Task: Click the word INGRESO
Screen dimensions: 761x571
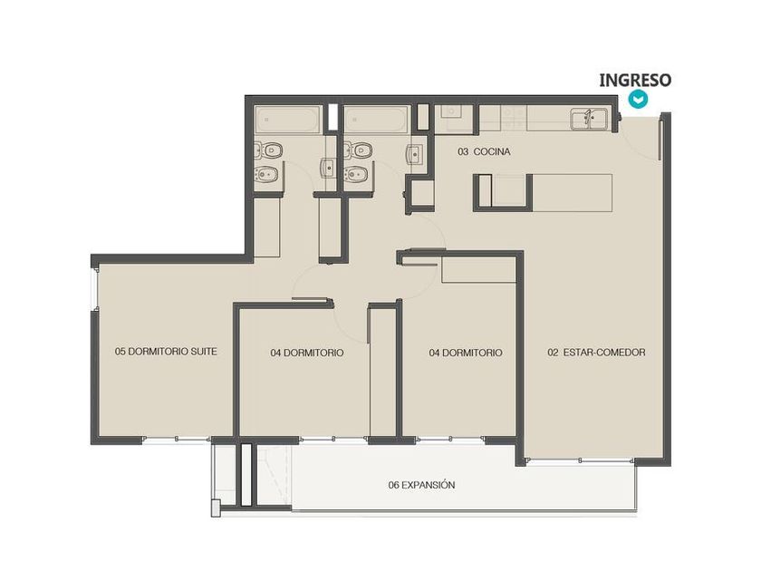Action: coord(635,80)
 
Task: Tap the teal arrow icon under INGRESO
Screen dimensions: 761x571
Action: coord(638,99)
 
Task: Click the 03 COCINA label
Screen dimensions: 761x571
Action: coord(484,152)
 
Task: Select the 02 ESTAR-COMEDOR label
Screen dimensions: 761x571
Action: coord(596,353)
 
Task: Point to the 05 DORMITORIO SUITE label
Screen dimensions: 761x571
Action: coord(166,351)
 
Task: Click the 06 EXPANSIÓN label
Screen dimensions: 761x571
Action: coord(421,485)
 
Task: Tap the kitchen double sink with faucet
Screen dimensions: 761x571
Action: coord(589,119)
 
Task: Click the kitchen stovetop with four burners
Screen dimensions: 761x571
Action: coord(514,118)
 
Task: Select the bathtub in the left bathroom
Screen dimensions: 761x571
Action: coord(287,120)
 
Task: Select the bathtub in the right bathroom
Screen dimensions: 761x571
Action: coord(374,120)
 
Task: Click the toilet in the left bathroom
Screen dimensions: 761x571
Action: coord(268,150)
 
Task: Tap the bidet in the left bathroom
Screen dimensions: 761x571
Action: coord(268,173)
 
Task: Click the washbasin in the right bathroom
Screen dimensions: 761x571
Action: coord(414,154)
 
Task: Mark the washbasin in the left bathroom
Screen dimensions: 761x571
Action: coord(328,168)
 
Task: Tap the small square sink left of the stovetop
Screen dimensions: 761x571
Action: coord(452,112)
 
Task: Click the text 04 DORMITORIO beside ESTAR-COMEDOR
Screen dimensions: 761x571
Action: coord(466,353)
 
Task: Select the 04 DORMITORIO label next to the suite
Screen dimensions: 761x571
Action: coord(307,353)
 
